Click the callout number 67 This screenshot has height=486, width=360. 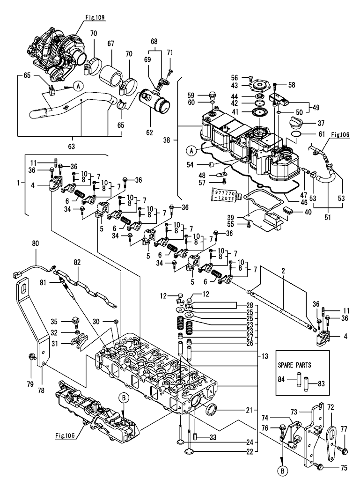click(111, 43)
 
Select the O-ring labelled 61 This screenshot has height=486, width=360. click(294, 137)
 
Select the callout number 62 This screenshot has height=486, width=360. click(149, 132)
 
